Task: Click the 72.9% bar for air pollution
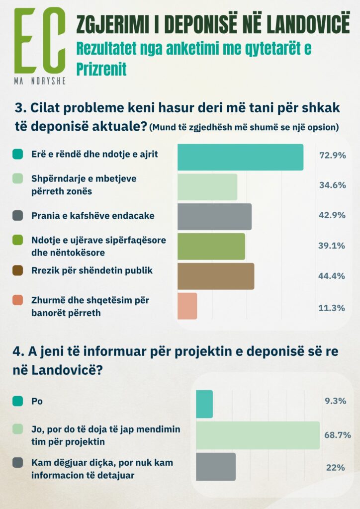point(240,157)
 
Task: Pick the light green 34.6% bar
point(207,187)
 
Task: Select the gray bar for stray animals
point(214,217)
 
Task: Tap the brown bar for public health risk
point(216,276)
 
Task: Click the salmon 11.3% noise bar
point(187,306)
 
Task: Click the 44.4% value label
point(332,276)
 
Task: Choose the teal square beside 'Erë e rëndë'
point(18,155)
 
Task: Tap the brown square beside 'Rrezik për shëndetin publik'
point(18,271)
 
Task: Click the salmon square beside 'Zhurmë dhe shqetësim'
point(18,300)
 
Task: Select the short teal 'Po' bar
point(204,404)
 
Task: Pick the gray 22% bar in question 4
point(216,467)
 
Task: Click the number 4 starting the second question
point(16,351)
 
